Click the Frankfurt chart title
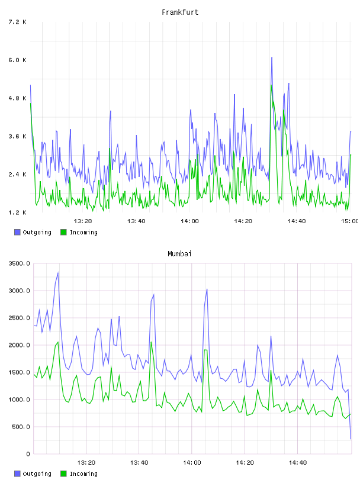[180, 12]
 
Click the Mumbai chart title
[179, 254]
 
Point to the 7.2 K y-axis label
[18, 22]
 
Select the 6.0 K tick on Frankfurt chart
[18, 60]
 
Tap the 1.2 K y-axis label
[18, 212]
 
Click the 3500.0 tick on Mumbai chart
[20, 263]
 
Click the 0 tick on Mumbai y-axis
[28, 454]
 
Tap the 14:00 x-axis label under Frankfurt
[189, 221]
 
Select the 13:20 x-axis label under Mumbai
[86, 463]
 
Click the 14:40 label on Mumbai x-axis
[298, 463]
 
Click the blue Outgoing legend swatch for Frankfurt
[17, 232]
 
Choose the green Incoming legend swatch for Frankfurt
[63, 232]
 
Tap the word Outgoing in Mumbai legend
[37, 474]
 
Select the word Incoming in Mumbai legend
[83, 474]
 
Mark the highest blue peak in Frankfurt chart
[272, 57]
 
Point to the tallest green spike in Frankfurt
[271, 85]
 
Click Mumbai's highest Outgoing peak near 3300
[58, 273]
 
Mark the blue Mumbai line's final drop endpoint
[351, 439]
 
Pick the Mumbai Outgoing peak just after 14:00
[207, 289]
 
